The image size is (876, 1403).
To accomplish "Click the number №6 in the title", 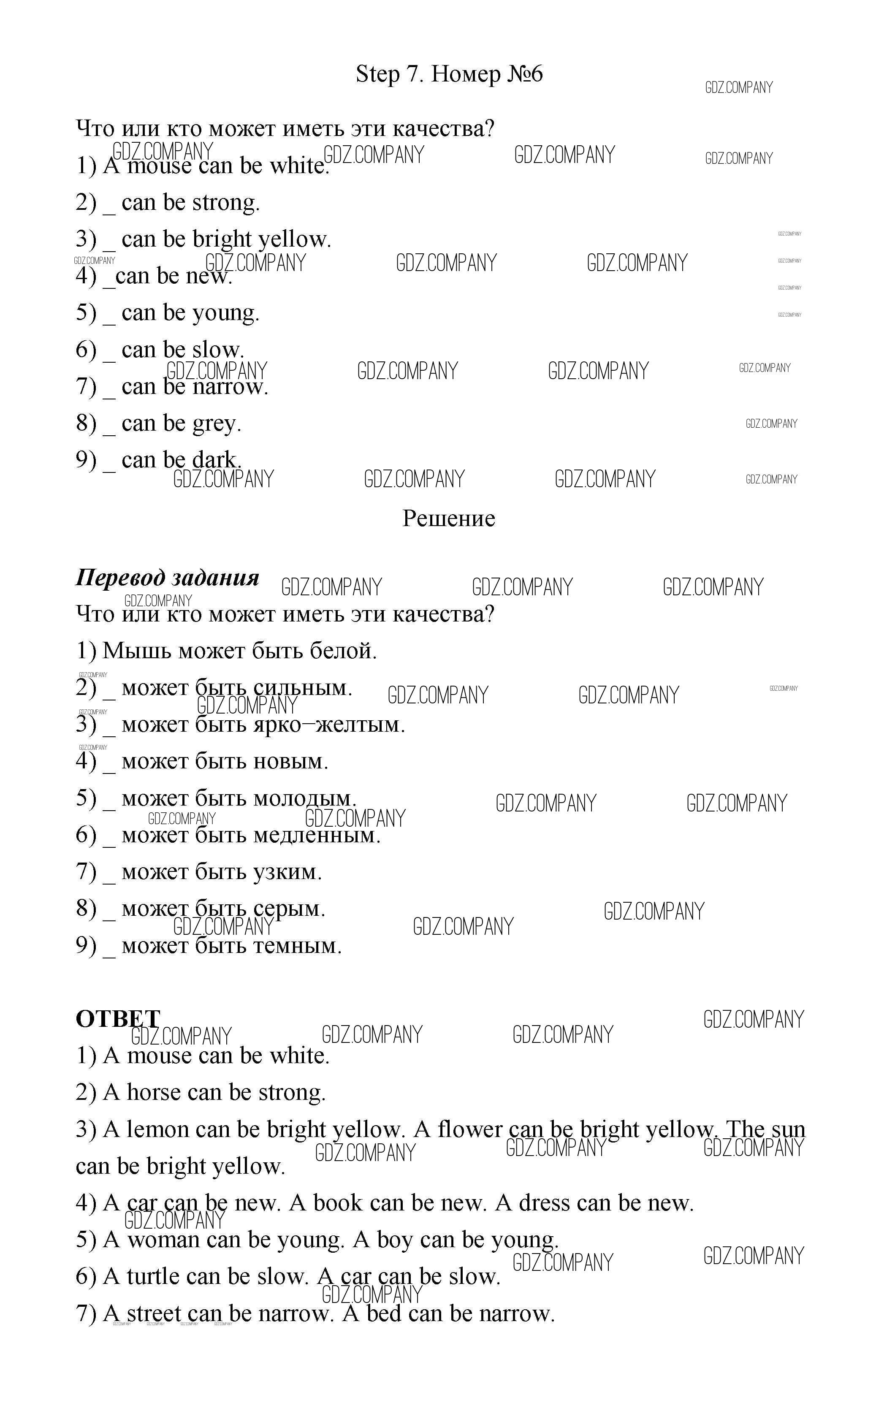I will pos(525,74).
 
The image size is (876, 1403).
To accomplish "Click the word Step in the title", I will pos(378,75).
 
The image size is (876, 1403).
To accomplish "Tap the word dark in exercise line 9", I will pos(216,461).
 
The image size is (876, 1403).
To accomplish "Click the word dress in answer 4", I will pos(544,1203).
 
